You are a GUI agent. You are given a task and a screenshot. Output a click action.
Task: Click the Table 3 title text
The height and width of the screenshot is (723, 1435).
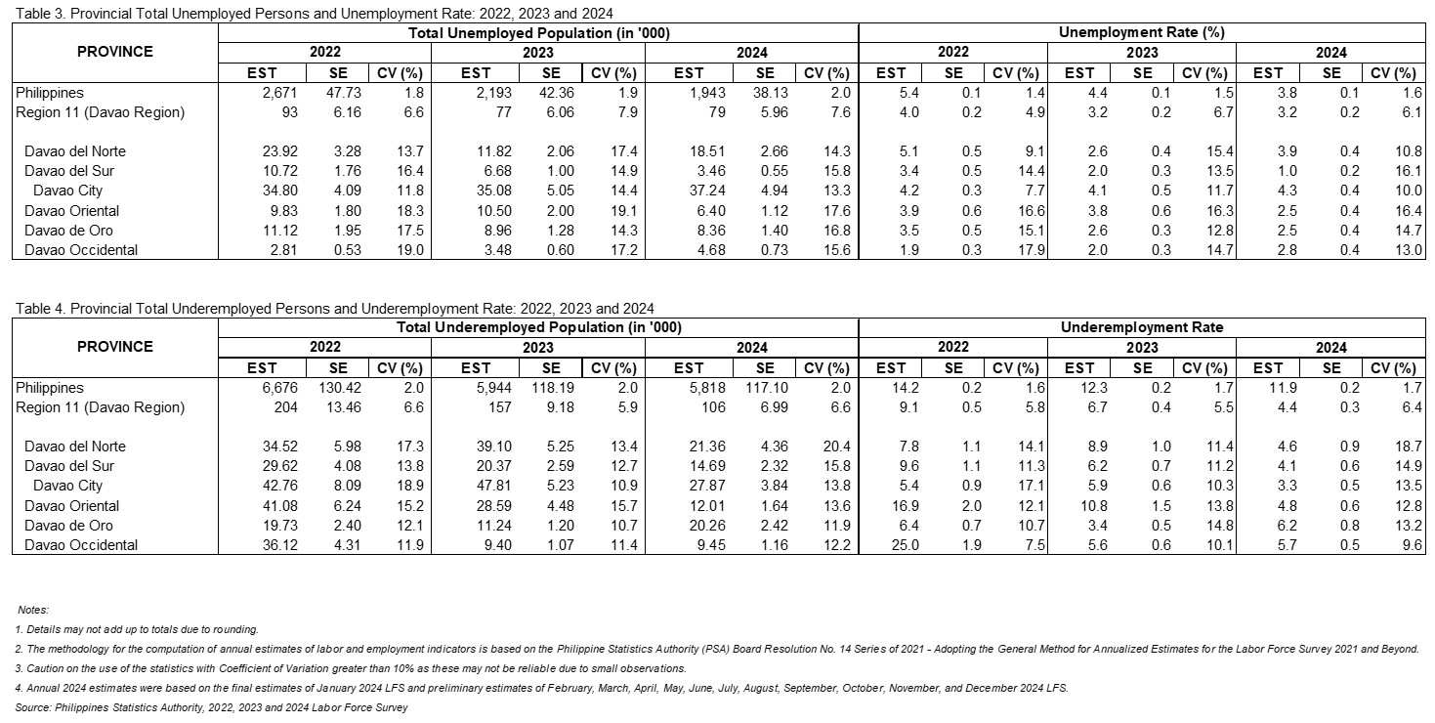[314, 14]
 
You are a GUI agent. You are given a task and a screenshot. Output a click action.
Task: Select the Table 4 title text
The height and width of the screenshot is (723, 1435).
[334, 309]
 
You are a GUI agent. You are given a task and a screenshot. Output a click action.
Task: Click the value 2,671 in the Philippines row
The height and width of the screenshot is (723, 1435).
[280, 93]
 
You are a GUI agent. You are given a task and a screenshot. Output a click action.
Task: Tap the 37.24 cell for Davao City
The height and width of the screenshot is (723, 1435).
[707, 191]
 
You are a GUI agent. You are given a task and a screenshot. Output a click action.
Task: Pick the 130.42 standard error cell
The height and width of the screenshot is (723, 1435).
[340, 388]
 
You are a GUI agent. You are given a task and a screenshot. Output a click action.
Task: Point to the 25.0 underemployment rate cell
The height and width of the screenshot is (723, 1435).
[905, 545]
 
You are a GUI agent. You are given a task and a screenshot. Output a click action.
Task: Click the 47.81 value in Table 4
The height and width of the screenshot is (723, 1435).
[493, 486]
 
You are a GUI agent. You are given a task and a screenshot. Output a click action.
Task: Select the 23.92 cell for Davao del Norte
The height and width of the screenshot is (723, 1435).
[280, 151]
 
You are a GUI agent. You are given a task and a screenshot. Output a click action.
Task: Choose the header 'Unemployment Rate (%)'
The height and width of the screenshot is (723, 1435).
[1142, 32]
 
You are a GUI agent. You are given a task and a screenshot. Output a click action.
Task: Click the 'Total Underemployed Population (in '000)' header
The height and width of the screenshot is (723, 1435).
[539, 327]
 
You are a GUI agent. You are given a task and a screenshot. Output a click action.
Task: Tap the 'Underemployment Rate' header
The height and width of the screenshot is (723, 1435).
[1142, 327]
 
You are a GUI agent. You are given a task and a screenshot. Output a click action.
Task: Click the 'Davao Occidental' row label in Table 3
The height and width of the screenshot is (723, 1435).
[81, 250]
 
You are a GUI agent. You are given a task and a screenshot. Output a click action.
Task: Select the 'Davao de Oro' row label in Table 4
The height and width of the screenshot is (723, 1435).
[68, 526]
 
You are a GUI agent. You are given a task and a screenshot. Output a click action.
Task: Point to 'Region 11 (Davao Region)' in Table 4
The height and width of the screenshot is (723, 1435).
[100, 407]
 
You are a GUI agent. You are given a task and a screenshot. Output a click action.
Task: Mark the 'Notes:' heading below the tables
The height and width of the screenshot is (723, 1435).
[32, 611]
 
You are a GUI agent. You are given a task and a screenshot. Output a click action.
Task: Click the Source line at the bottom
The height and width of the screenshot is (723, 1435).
[211, 707]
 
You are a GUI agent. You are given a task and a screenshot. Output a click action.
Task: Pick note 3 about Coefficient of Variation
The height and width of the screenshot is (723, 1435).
[351, 668]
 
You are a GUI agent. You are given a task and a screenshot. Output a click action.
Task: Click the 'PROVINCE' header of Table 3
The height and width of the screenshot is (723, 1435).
[115, 52]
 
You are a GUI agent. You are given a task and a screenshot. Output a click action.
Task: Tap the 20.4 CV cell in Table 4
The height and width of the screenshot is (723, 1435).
[836, 447]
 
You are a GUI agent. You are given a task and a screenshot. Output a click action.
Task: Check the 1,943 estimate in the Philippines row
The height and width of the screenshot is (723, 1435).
[707, 93]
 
